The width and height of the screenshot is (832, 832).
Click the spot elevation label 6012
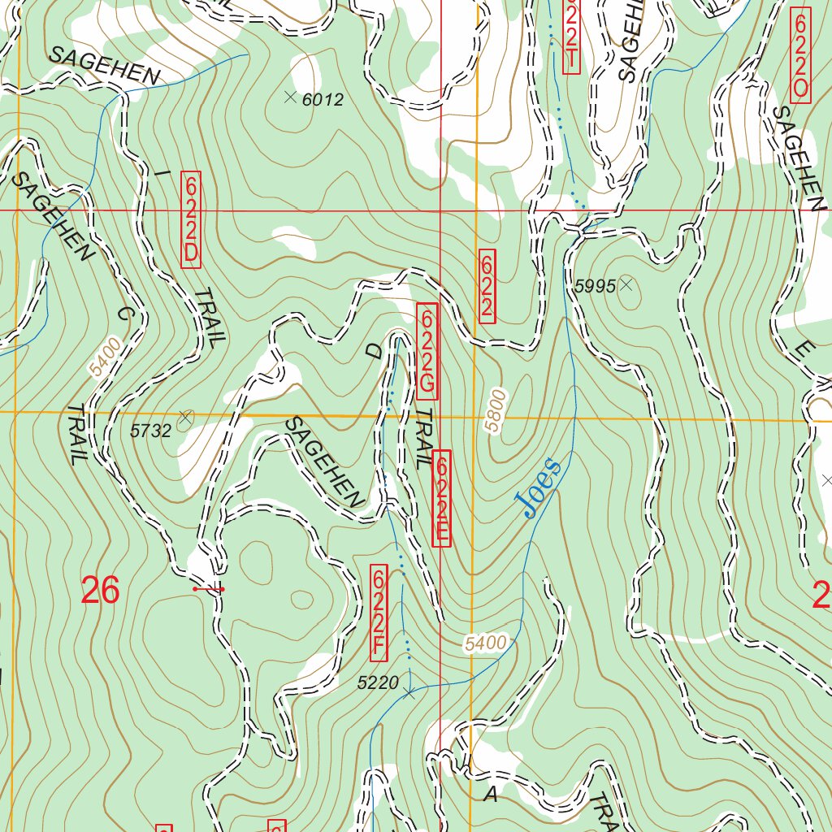323,100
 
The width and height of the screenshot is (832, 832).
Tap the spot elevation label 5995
596,286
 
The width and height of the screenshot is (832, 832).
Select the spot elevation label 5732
151,431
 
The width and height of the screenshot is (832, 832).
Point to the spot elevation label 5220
378,683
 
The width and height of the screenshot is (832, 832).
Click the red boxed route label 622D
190,219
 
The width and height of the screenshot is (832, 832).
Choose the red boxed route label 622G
427,351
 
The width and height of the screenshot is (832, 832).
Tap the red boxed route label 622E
441,498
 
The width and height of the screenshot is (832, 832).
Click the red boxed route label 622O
799,54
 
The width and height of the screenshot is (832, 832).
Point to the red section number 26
100,591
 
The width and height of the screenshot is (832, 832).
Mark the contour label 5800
495,411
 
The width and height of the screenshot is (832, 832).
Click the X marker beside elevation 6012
290,97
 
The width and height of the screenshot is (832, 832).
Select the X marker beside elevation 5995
626,284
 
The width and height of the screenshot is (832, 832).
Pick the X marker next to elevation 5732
185,418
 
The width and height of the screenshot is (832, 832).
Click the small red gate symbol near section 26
209,588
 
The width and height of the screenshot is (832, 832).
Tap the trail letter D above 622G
373,351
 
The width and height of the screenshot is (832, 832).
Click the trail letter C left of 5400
124,314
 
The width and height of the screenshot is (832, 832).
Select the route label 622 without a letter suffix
487,286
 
